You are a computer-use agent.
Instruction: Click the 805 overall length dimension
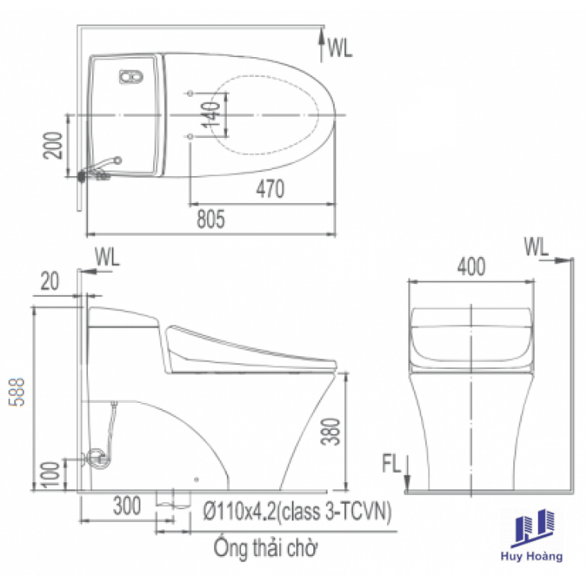[x=211, y=219]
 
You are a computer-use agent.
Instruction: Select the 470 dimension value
[x=270, y=189]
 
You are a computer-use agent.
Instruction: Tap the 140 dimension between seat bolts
[x=211, y=114]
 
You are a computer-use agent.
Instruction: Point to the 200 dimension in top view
[x=52, y=145]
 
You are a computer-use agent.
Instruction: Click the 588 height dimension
[x=17, y=392]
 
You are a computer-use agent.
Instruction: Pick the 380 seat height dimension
[x=331, y=432]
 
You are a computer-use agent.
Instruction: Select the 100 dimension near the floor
[x=51, y=474]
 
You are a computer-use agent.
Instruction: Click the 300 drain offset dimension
[x=127, y=506]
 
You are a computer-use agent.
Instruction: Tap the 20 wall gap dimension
[x=50, y=281]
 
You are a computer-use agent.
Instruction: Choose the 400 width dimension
[x=471, y=267]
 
